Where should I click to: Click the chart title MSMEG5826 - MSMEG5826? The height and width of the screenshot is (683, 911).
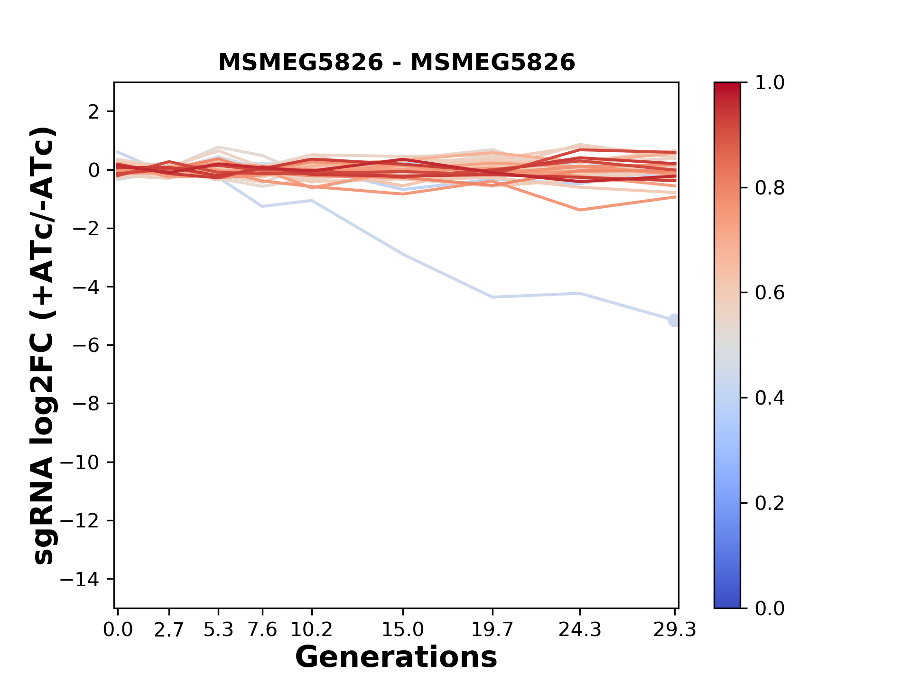(x=396, y=63)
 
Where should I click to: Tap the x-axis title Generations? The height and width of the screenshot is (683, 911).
(x=396, y=657)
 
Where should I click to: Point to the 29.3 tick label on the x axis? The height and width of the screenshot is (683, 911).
(x=675, y=630)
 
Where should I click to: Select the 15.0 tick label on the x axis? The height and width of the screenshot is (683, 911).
(x=403, y=630)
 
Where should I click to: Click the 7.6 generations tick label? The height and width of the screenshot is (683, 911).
(x=262, y=630)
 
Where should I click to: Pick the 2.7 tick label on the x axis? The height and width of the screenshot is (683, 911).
(x=169, y=630)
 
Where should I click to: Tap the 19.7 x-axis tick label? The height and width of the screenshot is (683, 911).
(x=493, y=630)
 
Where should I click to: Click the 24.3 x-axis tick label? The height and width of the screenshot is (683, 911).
(x=580, y=630)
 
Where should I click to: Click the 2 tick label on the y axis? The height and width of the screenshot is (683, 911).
(x=93, y=111)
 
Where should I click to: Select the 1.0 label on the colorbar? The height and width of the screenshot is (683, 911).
(x=770, y=83)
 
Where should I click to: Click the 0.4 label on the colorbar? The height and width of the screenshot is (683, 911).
(x=770, y=398)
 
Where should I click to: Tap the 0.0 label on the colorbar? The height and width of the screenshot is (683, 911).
(x=770, y=608)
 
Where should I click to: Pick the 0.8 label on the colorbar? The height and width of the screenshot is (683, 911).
(x=770, y=188)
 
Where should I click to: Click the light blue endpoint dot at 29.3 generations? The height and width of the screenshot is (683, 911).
(x=674, y=321)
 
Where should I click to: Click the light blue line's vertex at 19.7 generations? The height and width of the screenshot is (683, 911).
(x=493, y=297)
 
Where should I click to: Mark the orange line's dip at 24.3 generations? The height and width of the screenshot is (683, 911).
(x=580, y=210)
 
